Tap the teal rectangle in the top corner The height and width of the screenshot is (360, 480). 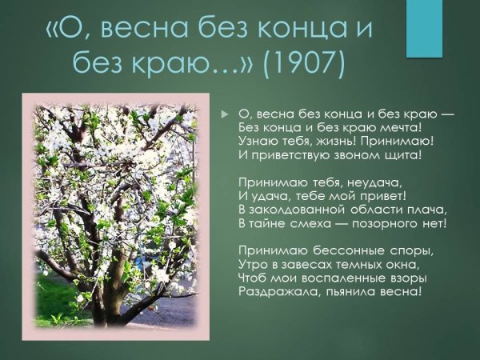424,28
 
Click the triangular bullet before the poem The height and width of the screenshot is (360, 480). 225,114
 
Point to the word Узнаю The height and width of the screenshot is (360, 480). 258,141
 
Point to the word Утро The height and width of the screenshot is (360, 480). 254,264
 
